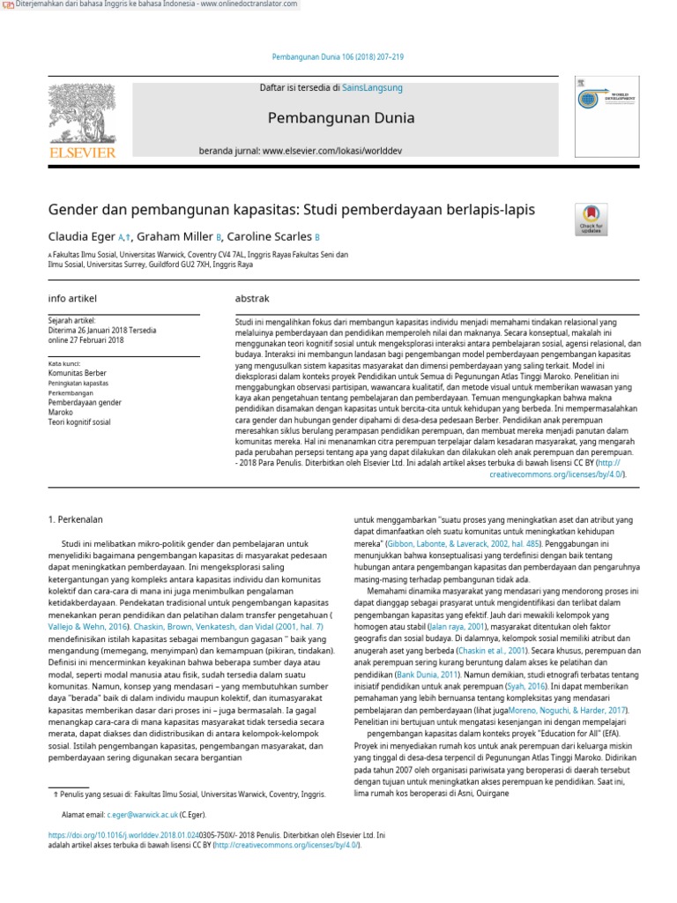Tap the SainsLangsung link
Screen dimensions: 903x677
tap(374, 88)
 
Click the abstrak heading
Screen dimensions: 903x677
tap(252, 299)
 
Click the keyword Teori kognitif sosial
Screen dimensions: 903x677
tap(80, 422)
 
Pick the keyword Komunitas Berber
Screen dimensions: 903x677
tap(78, 374)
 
